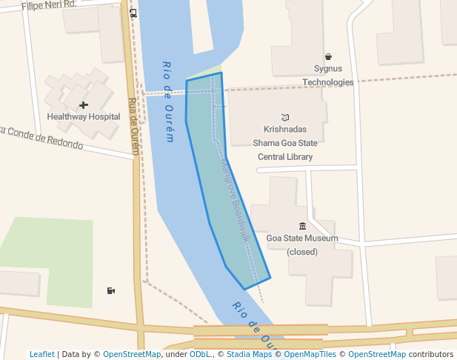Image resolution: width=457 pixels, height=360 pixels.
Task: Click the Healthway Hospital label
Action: tap(84, 117)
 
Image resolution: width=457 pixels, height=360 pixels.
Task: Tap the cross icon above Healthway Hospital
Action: tap(84, 105)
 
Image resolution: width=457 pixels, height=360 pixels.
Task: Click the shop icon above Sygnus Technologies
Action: tap(328, 57)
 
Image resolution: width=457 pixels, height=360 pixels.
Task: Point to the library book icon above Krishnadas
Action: tap(285, 117)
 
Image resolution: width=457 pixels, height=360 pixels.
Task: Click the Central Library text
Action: tap(285, 157)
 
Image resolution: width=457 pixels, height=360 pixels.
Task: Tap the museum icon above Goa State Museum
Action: tap(302, 226)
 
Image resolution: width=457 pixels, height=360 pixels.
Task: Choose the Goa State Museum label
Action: tap(302, 239)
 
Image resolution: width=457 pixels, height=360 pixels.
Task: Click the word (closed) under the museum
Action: tap(302, 252)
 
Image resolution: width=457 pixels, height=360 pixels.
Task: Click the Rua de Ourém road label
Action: tap(134, 126)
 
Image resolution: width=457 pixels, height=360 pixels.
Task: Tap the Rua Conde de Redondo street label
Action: tap(41, 137)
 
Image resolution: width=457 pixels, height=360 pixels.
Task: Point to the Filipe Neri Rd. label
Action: tap(49, 4)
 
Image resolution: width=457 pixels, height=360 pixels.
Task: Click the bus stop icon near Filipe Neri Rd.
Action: tap(133, 13)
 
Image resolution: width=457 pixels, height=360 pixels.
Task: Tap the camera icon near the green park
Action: tap(111, 290)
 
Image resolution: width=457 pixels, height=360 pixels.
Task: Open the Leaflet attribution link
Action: tap(42, 354)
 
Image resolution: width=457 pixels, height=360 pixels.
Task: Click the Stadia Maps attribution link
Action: tap(249, 354)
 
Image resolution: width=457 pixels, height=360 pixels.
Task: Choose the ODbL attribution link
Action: tap(200, 354)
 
